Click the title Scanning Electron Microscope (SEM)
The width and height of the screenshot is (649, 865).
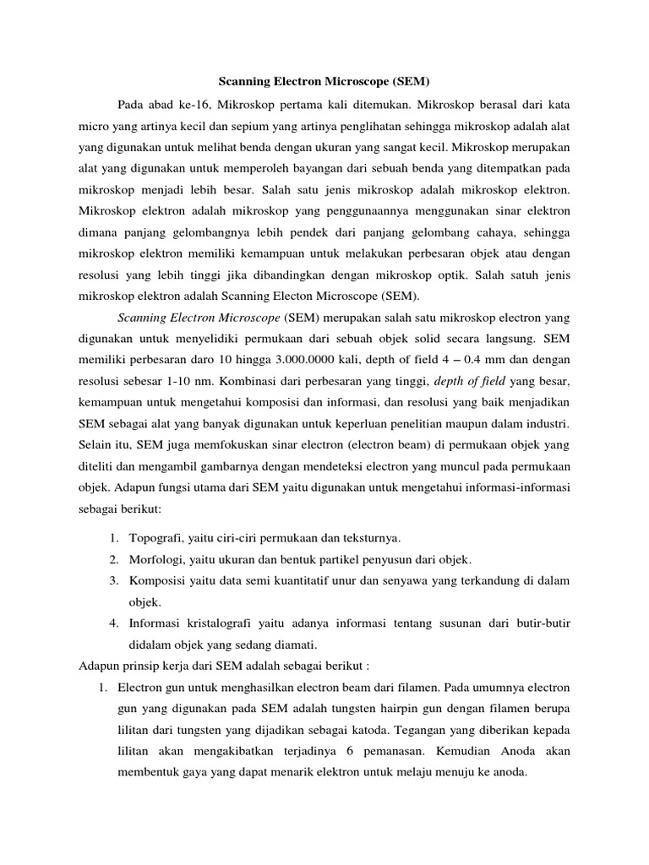click(324, 82)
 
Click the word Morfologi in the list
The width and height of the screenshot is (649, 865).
click(157, 559)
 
